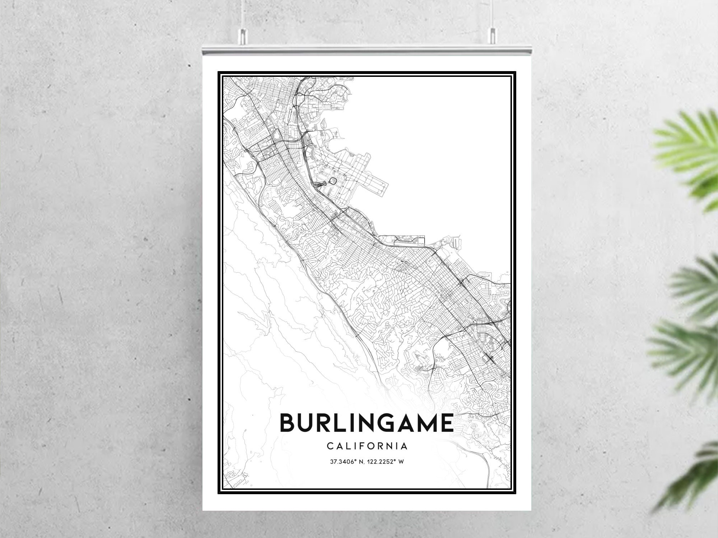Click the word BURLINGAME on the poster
(x=367, y=423)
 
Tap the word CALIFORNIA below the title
(x=367, y=446)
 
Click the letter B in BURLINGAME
(x=288, y=423)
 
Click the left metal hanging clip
(x=243, y=34)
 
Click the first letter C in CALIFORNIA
(x=330, y=446)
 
